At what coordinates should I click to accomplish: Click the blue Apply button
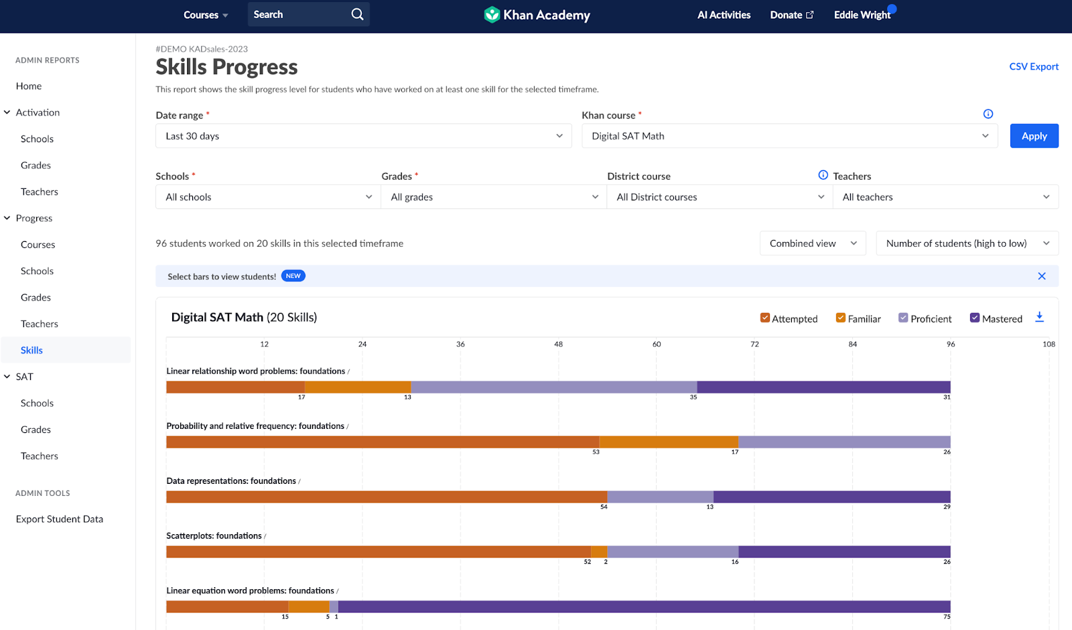click(1034, 136)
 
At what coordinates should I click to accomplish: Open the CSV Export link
click(1033, 66)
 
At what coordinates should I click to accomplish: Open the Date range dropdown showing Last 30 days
click(363, 136)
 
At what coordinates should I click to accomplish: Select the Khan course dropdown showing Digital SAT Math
click(789, 136)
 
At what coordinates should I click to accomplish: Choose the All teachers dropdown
click(945, 197)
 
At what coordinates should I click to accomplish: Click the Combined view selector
click(812, 243)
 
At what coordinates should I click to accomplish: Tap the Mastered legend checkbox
click(975, 318)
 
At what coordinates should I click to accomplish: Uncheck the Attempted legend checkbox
click(765, 318)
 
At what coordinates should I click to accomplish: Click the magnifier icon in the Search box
click(357, 14)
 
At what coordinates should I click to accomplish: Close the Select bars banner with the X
click(1041, 276)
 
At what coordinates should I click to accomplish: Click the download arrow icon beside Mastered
click(1039, 317)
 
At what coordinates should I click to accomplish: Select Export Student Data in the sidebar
click(60, 519)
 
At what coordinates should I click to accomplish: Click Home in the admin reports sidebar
click(29, 86)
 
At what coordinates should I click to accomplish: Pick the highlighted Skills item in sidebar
click(31, 350)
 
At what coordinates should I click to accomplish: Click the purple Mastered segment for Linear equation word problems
click(643, 607)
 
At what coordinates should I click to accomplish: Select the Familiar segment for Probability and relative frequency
click(668, 442)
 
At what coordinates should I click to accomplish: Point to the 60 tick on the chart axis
click(657, 344)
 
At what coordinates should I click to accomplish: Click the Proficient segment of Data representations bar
click(660, 497)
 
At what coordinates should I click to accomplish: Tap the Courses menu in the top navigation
click(205, 15)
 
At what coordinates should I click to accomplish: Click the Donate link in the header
click(791, 15)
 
